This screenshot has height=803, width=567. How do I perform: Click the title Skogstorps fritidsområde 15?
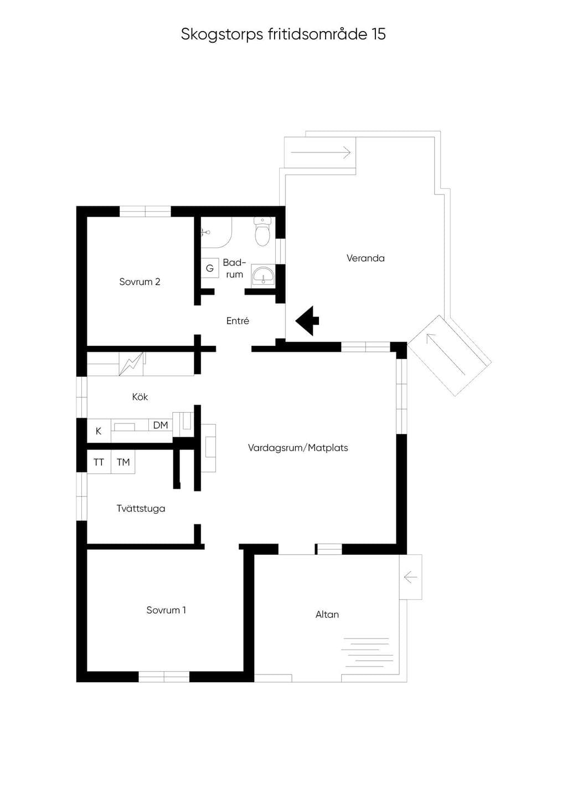pyautogui.click(x=283, y=34)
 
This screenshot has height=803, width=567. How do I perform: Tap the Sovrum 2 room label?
pyautogui.click(x=140, y=282)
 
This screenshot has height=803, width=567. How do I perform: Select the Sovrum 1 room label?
pyautogui.click(x=166, y=610)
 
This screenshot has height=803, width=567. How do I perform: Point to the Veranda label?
pyautogui.click(x=365, y=258)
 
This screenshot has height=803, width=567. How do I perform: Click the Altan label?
pyautogui.click(x=327, y=615)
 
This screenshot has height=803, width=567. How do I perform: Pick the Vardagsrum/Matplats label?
pyautogui.click(x=298, y=448)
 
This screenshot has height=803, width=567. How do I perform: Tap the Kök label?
pyautogui.click(x=140, y=397)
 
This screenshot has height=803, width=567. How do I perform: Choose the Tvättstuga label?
pyautogui.click(x=141, y=509)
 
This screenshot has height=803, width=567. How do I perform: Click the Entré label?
pyautogui.click(x=238, y=321)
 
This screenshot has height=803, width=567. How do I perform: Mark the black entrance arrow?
pyautogui.click(x=307, y=321)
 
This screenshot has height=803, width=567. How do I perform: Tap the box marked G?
pyautogui.click(x=210, y=268)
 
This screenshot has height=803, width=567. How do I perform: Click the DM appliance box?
pyautogui.click(x=161, y=425)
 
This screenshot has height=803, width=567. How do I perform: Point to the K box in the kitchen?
pyautogui.click(x=99, y=431)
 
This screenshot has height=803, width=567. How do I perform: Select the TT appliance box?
pyautogui.click(x=99, y=462)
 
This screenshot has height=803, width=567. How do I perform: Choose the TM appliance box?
pyautogui.click(x=123, y=462)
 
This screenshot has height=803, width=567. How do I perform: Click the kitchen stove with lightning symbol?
pyautogui.click(x=131, y=364)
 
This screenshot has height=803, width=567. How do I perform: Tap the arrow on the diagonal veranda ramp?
pyautogui.click(x=446, y=354)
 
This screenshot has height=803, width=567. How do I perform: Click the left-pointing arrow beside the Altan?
pyautogui.click(x=410, y=577)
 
